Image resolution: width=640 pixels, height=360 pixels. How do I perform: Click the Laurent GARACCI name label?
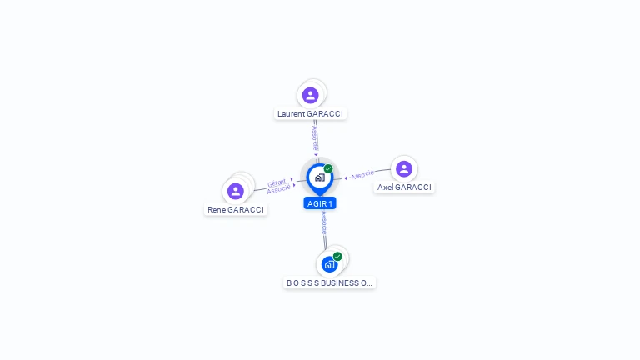click(x=310, y=113)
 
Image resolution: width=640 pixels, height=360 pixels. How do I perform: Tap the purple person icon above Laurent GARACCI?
click(x=311, y=96)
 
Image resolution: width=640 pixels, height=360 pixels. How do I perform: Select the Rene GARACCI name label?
click(x=236, y=210)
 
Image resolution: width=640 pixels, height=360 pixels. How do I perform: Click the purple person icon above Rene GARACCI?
click(x=236, y=191)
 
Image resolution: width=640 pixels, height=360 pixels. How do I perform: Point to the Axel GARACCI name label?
click(x=404, y=187)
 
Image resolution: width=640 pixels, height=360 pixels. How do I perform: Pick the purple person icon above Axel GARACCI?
click(x=404, y=169)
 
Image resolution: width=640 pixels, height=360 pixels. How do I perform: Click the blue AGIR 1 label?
click(x=320, y=203)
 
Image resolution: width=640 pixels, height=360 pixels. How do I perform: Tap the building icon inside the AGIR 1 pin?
click(x=319, y=177)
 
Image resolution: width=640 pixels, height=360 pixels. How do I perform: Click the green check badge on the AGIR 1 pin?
click(x=328, y=169)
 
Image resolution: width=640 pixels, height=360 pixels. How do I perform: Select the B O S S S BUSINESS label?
click(x=329, y=283)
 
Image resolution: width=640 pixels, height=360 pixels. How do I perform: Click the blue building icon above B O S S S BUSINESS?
click(x=329, y=264)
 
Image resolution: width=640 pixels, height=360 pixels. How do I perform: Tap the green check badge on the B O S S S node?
click(x=337, y=257)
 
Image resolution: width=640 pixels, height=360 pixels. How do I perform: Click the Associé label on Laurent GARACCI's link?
click(x=314, y=138)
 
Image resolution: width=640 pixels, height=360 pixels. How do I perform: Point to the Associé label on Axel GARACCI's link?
click(x=362, y=175)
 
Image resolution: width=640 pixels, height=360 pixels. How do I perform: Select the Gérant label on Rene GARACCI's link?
click(x=277, y=182)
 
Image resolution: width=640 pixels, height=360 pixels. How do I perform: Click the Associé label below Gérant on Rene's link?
click(x=278, y=190)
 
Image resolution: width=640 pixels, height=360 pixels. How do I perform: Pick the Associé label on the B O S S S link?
click(x=324, y=223)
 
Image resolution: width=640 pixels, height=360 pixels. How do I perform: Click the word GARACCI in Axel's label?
click(x=413, y=187)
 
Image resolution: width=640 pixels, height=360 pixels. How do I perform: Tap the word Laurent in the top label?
click(x=291, y=113)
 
